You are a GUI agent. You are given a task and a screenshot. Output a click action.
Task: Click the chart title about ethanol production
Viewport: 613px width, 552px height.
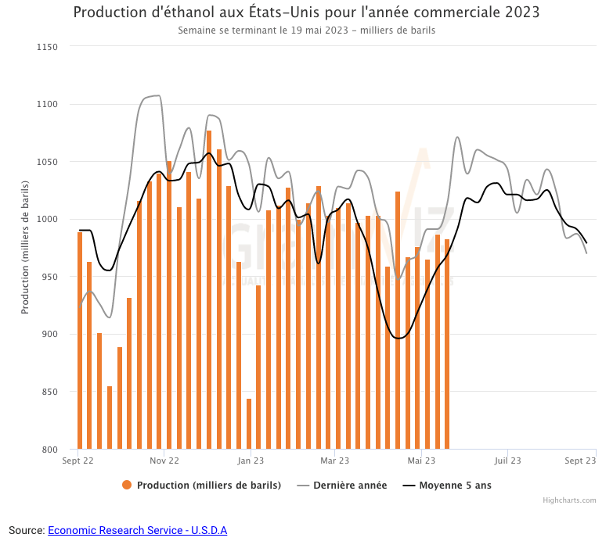click(306, 13)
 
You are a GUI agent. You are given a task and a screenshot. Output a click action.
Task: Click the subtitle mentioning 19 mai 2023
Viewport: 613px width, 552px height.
click(306, 30)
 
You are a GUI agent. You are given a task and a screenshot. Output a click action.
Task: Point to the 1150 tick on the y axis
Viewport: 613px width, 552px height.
click(48, 47)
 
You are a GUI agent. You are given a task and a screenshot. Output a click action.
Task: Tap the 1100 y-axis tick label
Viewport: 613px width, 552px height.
click(48, 105)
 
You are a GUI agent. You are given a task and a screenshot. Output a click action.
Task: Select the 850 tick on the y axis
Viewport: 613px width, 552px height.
click(50, 392)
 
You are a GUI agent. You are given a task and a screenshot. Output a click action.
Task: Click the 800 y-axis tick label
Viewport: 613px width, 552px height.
click(50, 450)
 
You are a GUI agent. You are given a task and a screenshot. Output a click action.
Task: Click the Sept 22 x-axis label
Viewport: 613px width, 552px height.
click(78, 461)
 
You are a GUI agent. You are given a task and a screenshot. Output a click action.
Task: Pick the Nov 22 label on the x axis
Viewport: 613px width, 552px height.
click(164, 461)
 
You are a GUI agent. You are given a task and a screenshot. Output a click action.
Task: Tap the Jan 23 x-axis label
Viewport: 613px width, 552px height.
click(251, 461)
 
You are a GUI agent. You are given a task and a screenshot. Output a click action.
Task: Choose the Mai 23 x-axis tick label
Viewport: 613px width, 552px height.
click(422, 461)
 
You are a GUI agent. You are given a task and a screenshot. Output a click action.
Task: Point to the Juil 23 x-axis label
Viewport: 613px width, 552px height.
click(507, 461)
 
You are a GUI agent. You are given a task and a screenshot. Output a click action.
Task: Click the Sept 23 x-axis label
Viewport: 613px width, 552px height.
click(581, 461)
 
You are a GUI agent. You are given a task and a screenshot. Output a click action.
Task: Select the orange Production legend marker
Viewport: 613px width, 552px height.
click(127, 485)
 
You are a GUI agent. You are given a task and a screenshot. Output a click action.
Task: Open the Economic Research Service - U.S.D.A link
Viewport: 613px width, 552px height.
click(137, 530)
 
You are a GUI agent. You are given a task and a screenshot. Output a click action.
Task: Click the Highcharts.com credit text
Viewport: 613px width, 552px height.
click(569, 500)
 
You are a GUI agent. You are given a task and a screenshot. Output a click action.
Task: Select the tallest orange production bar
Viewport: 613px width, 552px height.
click(209, 289)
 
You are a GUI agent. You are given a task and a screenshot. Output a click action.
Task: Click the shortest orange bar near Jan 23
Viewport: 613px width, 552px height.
click(249, 424)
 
